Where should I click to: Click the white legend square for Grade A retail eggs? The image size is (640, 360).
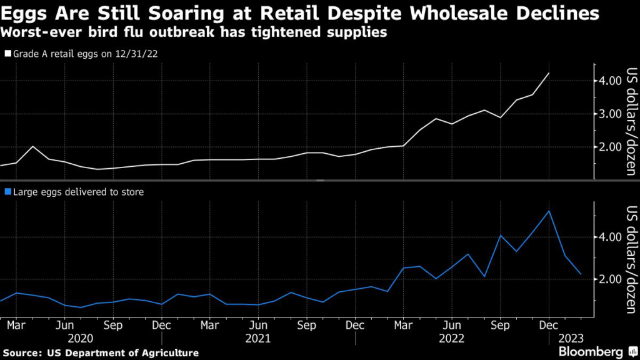(x=7, y=54)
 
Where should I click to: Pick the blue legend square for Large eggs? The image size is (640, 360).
(x=7, y=192)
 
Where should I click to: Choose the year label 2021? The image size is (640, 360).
(x=258, y=339)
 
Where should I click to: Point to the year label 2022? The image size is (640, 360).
(x=451, y=339)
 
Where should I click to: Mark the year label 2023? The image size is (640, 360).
(x=571, y=339)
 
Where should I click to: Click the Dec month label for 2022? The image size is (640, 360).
(x=549, y=326)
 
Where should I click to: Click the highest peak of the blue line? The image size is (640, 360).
(x=549, y=211)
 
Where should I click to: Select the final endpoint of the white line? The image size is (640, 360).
(x=549, y=73)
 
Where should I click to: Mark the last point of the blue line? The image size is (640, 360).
(x=581, y=274)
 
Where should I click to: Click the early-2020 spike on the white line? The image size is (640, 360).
(x=32, y=146)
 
